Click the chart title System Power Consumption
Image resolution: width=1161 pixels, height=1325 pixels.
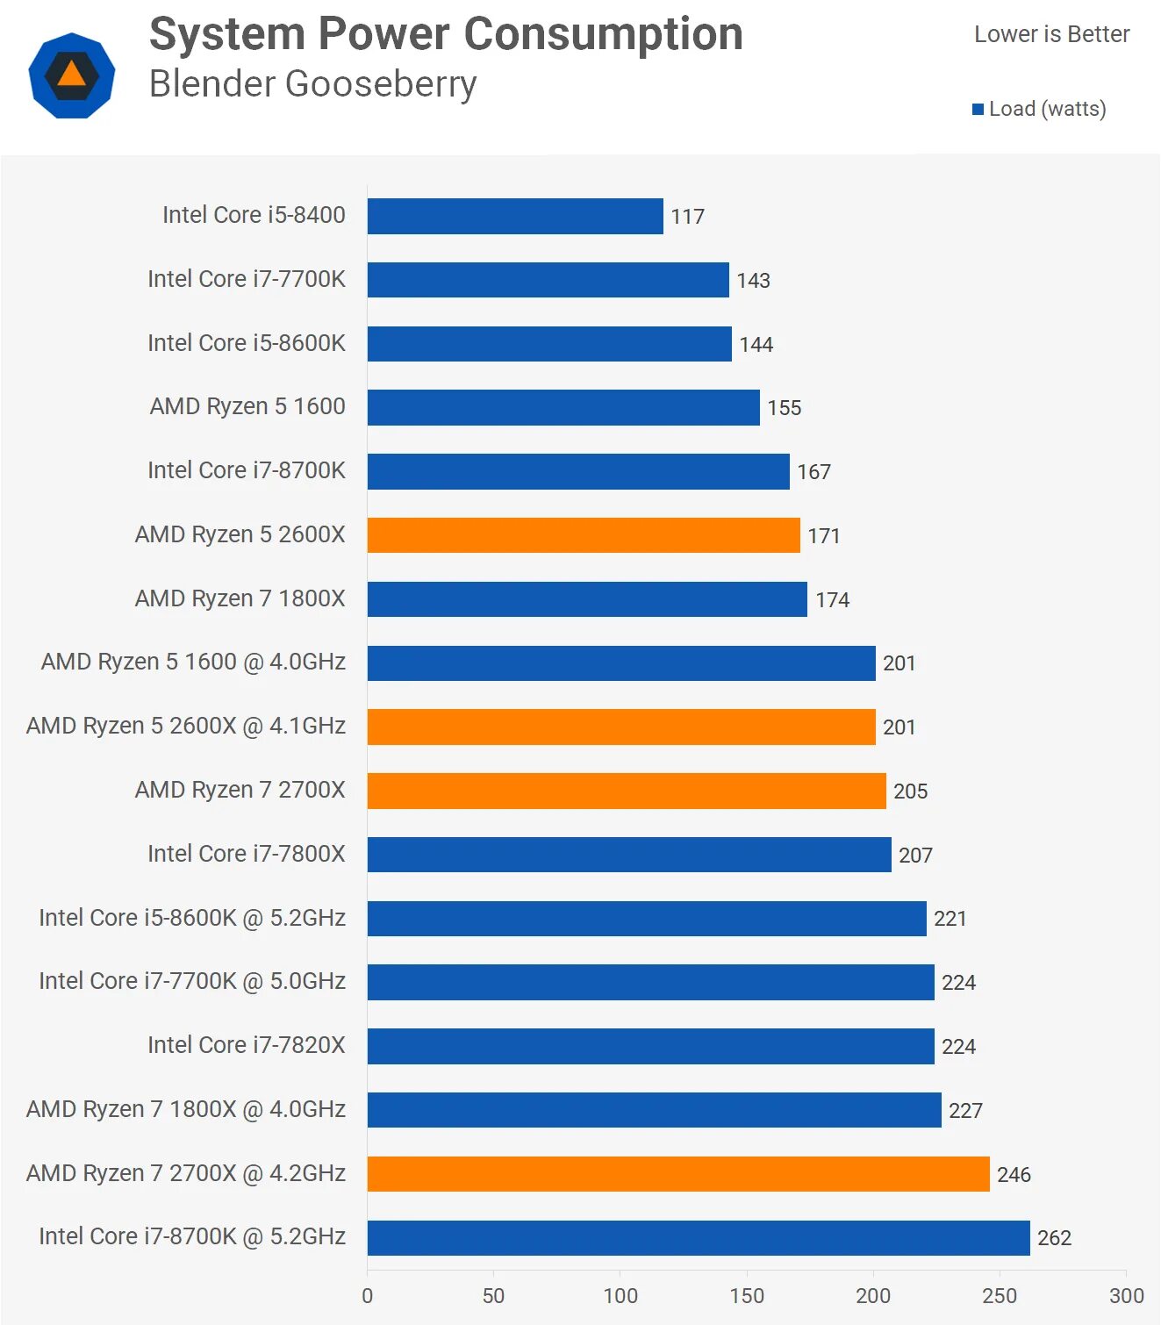tap(446, 35)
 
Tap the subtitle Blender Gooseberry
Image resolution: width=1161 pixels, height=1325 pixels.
tap(312, 84)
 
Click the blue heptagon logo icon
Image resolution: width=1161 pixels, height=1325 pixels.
tap(72, 75)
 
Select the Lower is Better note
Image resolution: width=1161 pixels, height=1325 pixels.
tap(1051, 34)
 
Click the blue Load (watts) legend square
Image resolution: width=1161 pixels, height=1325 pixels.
tap(978, 110)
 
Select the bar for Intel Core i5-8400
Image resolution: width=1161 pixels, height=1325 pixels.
tap(515, 216)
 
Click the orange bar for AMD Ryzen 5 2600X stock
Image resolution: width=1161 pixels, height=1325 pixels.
tap(584, 535)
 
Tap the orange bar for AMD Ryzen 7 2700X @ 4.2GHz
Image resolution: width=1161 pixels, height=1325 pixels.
tap(678, 1174)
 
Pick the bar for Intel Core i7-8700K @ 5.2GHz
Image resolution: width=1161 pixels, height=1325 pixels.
tap(699, 1237)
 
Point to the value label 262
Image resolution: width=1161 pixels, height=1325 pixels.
tap(1054, 1238)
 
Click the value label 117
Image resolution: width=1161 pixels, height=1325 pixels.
tap(687, 217)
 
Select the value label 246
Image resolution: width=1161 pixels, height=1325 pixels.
tap(1014, 1175)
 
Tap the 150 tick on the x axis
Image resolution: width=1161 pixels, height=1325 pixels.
tap(747, 1296)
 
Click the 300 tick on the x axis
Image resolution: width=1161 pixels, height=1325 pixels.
tap(1126, 1296)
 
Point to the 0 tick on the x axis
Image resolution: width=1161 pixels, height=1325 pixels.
tap(368, 1296)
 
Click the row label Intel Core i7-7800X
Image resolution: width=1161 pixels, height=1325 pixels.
tap(247, 854)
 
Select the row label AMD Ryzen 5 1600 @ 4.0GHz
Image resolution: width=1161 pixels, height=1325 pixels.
tap(193, 662)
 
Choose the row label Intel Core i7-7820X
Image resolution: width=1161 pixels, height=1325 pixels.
tap(247, 1045)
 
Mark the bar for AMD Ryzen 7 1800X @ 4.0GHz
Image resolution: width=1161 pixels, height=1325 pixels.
tap(655, 1110)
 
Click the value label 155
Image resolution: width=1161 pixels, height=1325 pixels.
tap(784, 408)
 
